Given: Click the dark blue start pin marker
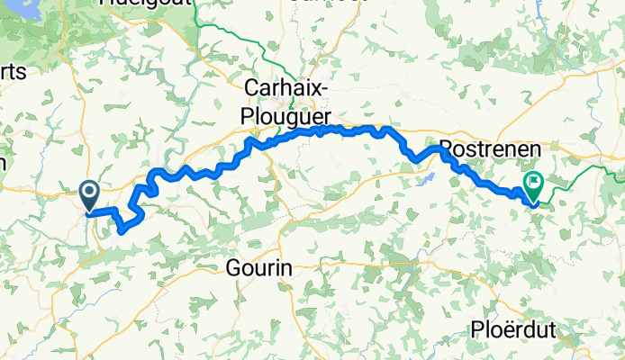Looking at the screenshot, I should click(90, 192).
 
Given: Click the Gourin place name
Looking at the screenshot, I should click(261, 267).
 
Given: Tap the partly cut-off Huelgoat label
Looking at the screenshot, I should click(144, 4).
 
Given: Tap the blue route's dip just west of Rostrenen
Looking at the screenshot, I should click(415, 160).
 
